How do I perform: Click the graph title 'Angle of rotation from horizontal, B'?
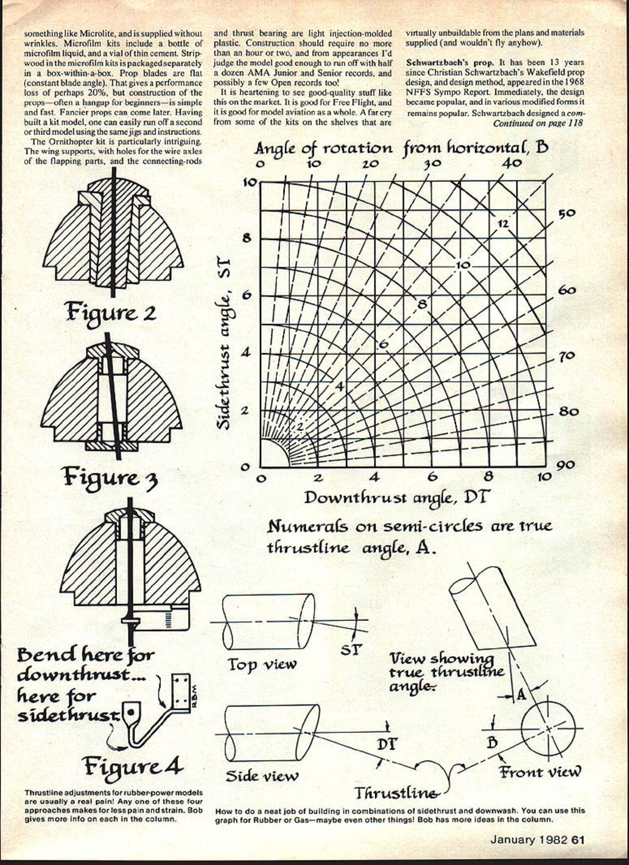(401, 147)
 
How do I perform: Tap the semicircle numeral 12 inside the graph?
(502, 223)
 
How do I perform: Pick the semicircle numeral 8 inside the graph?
(422, 303)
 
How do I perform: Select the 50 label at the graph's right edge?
(568, 214)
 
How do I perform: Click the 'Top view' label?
(262, 664)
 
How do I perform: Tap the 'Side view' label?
(262, 776)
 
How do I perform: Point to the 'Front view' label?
(540, 772)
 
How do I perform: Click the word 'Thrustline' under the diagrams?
(396, 793)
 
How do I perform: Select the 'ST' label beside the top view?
(350, 650)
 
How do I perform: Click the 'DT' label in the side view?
(384, 744)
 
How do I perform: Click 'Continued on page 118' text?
(538, 123)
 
